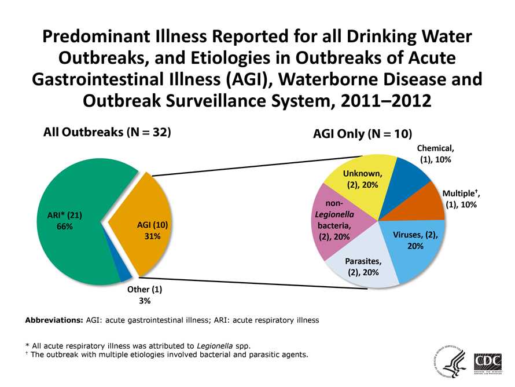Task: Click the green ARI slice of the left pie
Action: pos(64,191)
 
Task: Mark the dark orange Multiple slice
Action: pos(425,206)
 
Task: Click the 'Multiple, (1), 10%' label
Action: pos(461,199)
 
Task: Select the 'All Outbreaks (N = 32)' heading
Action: pos(108,132)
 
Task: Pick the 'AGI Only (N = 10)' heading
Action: pos(362,134)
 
